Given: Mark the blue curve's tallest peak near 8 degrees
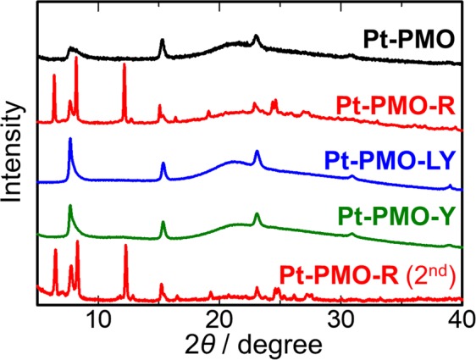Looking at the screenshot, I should coord(70,139).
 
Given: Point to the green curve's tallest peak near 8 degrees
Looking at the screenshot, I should coord(70,207).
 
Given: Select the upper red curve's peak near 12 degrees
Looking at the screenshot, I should coord(125,66).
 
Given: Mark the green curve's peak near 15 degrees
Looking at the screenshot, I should coord(163,223).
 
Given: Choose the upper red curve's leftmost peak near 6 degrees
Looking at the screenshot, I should coord(54,76).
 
